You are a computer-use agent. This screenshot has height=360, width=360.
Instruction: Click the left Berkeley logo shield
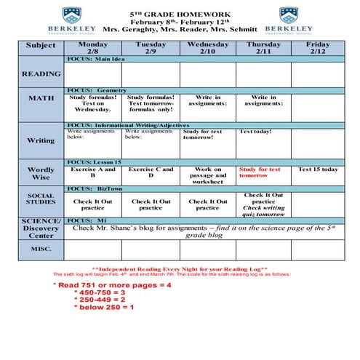pyautogui.click(x=71, y=15)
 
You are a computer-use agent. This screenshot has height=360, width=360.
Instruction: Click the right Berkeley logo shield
pyautogui.click(x=289, y=15)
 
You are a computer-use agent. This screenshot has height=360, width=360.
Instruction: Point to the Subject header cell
pyautogui.click(x=41, y=45)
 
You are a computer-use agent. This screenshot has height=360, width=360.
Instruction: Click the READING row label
pyautogui.click(x=41, y=73)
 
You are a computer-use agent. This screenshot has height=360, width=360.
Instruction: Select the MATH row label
pyautogui.click(x=41, y=98)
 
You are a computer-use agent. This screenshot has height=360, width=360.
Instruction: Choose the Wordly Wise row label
pyautogui.click(x=41, y=174)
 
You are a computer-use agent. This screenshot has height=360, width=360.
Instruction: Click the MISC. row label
pyautogui.click(x=41, y=249)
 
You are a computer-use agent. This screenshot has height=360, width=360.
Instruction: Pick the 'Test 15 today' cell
pyautogui.click(x=318, y=169)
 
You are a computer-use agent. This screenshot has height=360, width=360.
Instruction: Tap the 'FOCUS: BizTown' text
pyautogui.click(x=94, y=188)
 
